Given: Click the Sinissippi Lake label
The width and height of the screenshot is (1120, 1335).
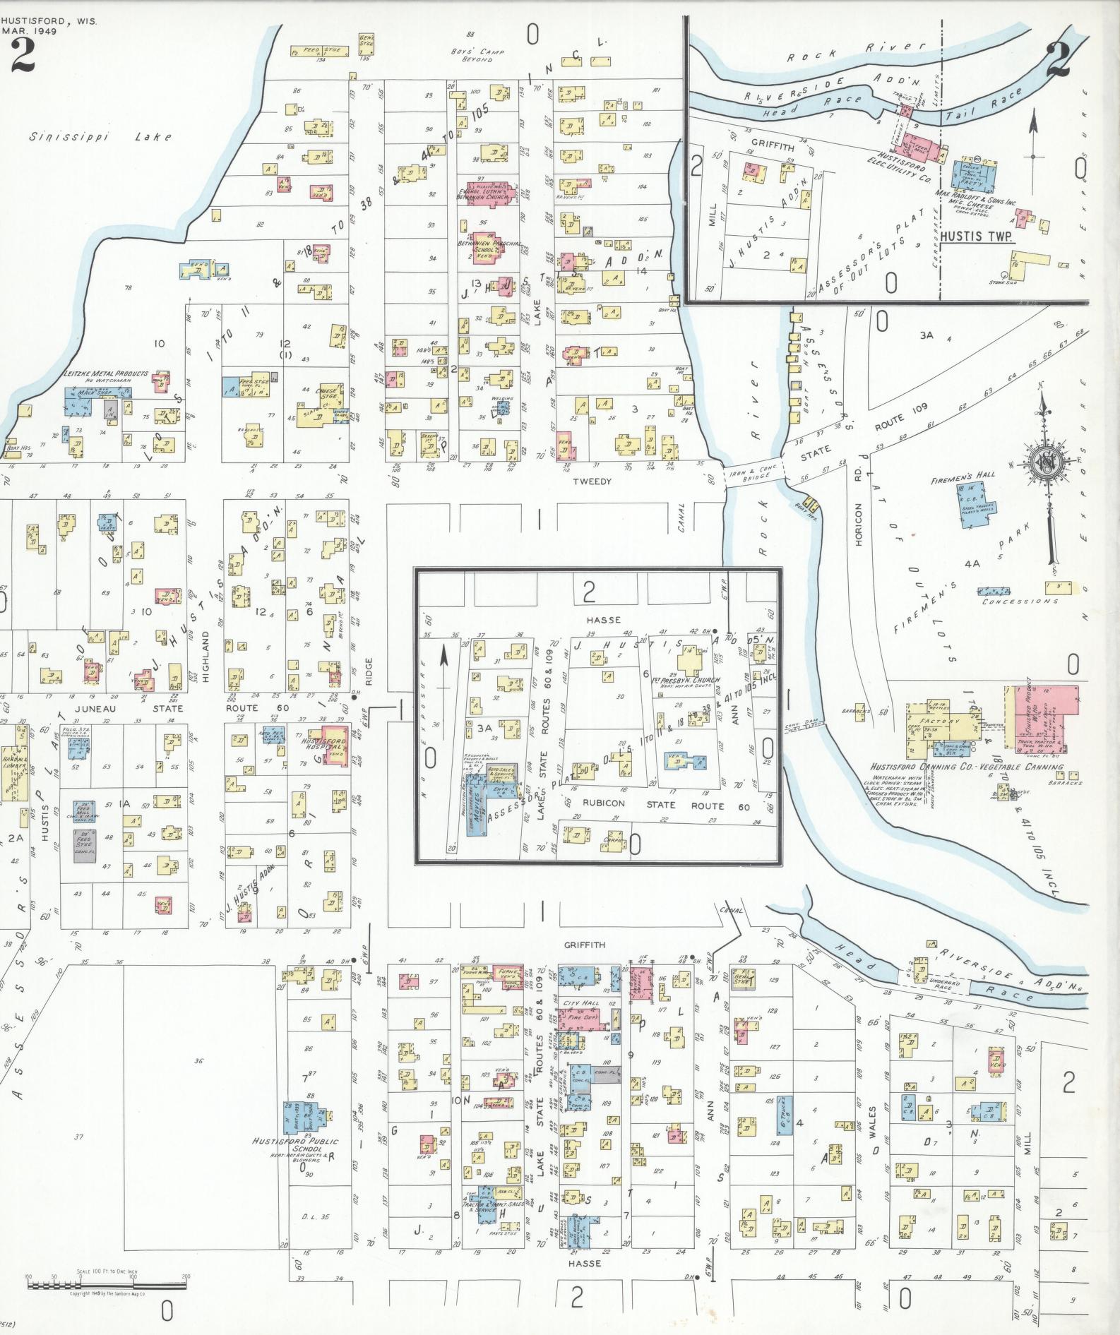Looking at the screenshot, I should click(x=100, y=136).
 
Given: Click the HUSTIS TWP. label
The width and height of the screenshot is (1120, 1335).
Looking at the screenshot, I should click(x=977, y=237).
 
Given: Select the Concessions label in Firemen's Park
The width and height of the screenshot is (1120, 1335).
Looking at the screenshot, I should click(x=1020, y=601).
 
